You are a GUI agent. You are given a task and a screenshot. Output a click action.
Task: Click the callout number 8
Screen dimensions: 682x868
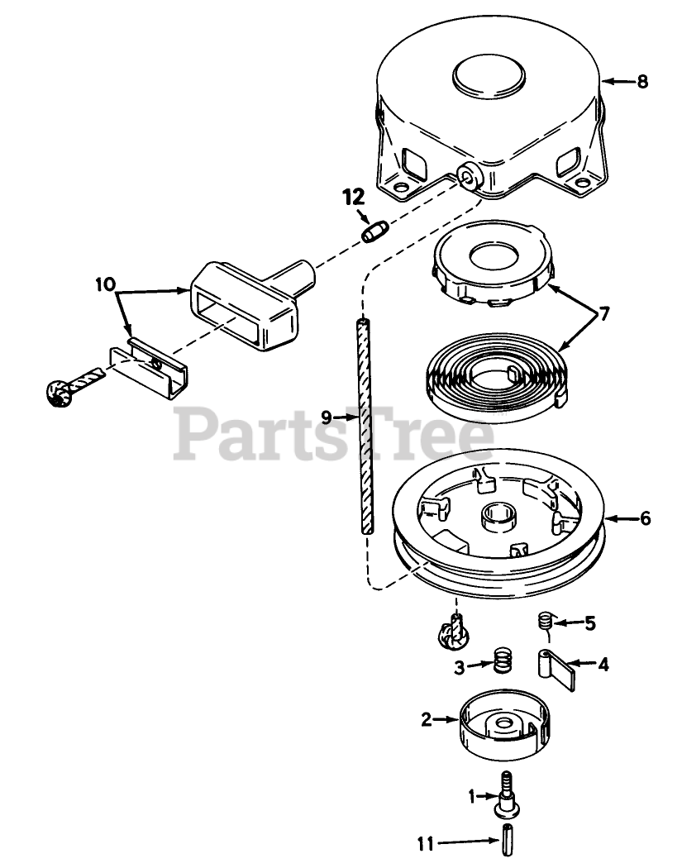(642, 81)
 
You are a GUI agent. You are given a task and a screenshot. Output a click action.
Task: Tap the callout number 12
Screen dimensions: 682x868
(353, 197)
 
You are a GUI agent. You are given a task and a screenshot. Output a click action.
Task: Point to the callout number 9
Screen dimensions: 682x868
(327, 417)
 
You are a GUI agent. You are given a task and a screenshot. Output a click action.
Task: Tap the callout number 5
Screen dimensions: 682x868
(589, 623)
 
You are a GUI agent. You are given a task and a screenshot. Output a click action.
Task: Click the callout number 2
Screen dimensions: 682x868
(426, 719)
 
